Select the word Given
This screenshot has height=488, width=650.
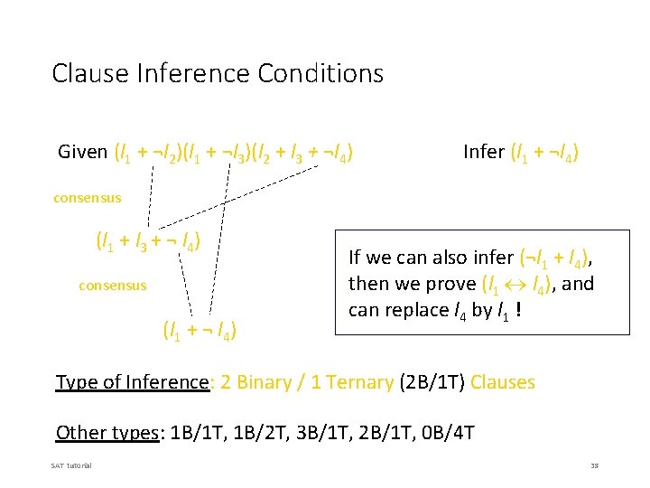(82, 152)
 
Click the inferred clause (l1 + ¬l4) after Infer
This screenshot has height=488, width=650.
(545, 153)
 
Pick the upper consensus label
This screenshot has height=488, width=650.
(87, 197)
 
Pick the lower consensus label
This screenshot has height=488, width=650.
(113, 286)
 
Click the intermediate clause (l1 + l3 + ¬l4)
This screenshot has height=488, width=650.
(148, 241)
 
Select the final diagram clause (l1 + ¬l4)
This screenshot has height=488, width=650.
(200, 331)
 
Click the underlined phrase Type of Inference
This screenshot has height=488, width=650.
(133, 382)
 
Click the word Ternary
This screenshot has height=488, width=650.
(359, 382)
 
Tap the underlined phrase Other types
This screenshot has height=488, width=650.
(107, 432)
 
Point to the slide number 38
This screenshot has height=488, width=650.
(594, 465)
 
